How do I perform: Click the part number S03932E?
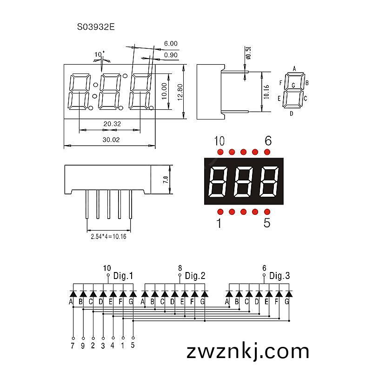[96, 27]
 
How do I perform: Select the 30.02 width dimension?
[111, 139]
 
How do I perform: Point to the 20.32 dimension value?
[112, 124]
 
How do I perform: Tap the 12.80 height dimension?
[180, 92]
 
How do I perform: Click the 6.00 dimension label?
[171, 43]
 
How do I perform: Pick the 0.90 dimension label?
[171, 55]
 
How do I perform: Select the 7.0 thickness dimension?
[166, 179]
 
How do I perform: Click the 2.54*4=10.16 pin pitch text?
[109, 236]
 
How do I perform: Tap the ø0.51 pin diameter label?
[248, 53]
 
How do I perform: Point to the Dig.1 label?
[123, 276]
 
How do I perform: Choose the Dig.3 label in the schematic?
[279, 276]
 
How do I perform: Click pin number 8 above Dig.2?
[180, 268]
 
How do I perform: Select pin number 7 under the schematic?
[73, 345]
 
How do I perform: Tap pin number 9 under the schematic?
[83, 345]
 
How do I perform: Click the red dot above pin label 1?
[220, 212]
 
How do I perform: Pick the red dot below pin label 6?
[267, 152]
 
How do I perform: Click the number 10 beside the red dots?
[219, 141]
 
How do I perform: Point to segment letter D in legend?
[292, 113]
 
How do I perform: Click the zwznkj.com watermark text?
[248, 352]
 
